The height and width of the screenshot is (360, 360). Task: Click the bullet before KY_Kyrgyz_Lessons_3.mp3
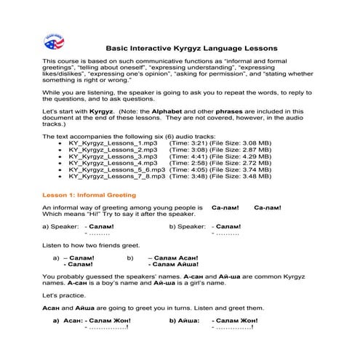point(60,156)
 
